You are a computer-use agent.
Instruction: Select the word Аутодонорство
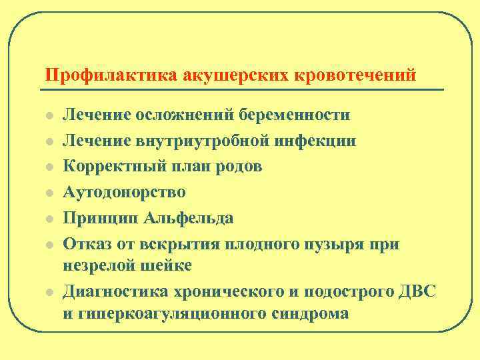[x=125, y=192]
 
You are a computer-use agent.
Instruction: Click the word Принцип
[x=98, y=218]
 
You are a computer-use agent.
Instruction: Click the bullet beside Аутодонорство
[x=48, y=193]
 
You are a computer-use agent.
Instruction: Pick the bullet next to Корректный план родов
[x=48, y=167]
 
